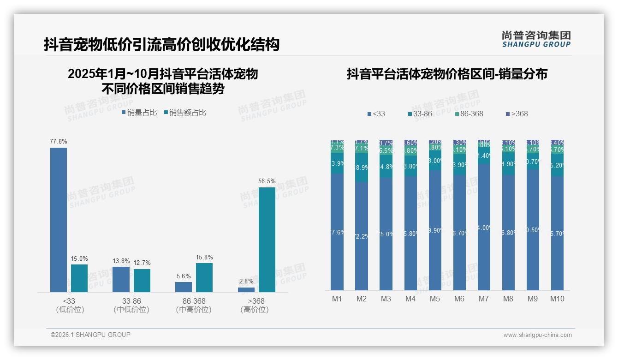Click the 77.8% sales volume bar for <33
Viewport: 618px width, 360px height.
click(x=59, y=220)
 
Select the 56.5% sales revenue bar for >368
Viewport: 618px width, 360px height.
click(x=267, y=240)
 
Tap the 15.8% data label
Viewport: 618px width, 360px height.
click(x=204, y=257)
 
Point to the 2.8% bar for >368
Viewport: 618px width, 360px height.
click(x=246, y=289)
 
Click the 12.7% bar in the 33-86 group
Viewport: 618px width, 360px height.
click(x=142, y=280)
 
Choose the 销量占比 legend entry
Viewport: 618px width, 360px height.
click(x=139, y=112)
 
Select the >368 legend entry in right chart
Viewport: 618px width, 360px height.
click(x=517, y=114)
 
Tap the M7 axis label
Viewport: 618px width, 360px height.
click(x=483, y=299)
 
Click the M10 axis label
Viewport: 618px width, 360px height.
click(x=557, y=299)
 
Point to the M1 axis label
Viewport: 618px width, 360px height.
click(x=337, y=299)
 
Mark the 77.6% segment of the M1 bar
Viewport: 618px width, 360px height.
click(x=337, y=232)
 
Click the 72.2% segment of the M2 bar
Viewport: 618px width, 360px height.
click(x=362, y=236)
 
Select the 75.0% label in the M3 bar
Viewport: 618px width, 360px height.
click(x=386, y=234)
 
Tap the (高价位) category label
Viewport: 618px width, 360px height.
click(x=254, y=310)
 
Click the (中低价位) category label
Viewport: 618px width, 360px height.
click(x=131, y=310)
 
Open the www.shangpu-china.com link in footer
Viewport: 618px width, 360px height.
click(x=537, y=335)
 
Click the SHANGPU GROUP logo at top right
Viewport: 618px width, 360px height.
click(x=536, y=39)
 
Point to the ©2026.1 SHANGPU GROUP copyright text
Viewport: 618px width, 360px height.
click(x=90, y=335)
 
